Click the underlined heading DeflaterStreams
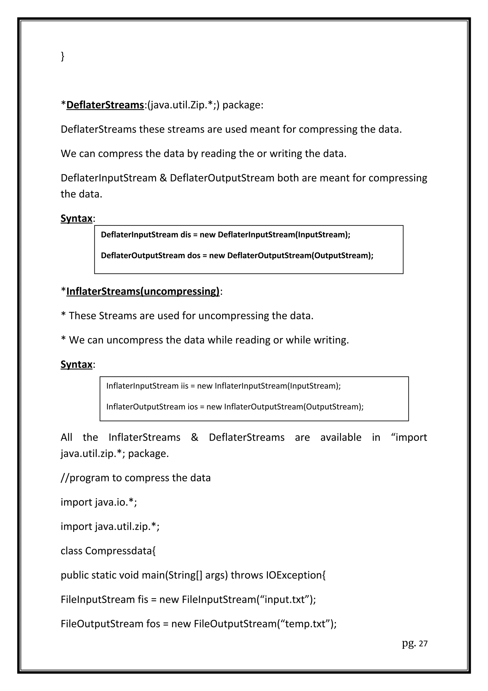click(x=105, y=105)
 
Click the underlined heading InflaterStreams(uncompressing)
click(x=143, y=291)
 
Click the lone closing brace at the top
click(x=62, y=56)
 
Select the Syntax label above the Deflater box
click(x=76, y=218)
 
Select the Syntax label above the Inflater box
click(x=76, y=365)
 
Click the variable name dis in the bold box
click(x=186, y=235)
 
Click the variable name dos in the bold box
click(x=194, y=256)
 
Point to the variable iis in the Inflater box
click(x=184, y=386)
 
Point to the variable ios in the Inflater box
click(x=193, y=407)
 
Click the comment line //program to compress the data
click(x=136, y=478)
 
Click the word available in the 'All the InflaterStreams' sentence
click(x=341, y=437)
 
